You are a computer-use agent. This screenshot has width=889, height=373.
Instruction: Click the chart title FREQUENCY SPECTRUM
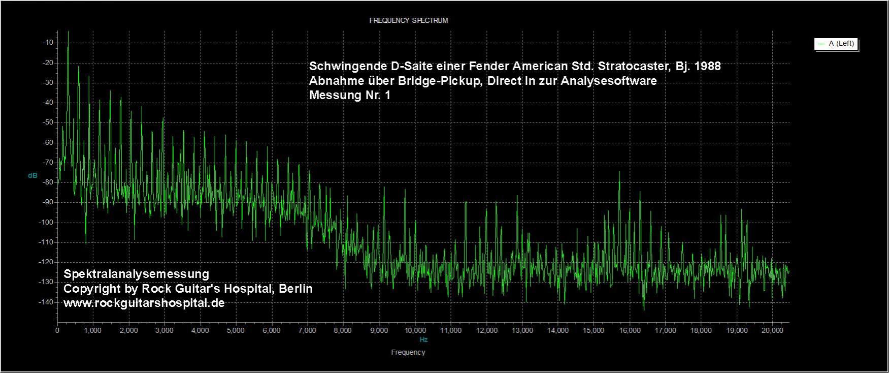click(x=408, y=21)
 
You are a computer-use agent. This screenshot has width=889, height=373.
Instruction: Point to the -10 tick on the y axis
click(x=48, y=43)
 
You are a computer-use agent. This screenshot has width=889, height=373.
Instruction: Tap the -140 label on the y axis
click(x=47, y=302)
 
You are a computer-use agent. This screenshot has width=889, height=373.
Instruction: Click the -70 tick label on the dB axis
click(x=48, y=163)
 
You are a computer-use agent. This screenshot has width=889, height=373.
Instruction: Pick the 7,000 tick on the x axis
click(x=307, y=330)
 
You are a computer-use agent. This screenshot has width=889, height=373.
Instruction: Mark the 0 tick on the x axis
click(x=57, y=330)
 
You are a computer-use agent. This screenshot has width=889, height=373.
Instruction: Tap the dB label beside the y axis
click(x=32, y=175)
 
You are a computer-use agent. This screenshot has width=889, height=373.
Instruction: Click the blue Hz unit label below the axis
click(x=423, y=339)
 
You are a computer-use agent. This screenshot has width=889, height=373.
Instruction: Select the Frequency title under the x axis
click(x=408, y=352)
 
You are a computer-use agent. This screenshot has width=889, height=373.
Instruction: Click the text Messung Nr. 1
click(x=350, y=95)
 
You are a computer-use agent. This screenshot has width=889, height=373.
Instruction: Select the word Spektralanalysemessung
click(x=136, y=274)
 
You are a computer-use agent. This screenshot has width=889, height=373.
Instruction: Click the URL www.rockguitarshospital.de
click(x=144, y=303)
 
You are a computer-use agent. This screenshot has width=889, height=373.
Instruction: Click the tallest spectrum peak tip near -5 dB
click(x=68, y=32)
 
